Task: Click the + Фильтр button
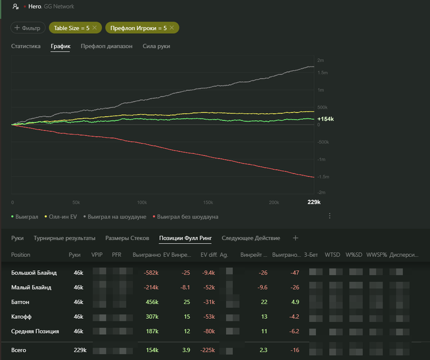coord(28,28)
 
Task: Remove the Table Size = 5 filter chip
coord(94,28)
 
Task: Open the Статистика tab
coord(26,46)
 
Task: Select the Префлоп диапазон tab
coord(106,46)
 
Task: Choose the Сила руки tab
coord(156,46)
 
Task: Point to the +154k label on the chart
coord(325,119)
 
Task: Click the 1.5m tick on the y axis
coord(322,72)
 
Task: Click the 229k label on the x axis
coord(314,202)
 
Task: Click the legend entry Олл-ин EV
coord(61,216)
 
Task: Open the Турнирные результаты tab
coord(64,238)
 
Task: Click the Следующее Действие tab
coord(251,238)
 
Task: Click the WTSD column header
coord(332,254)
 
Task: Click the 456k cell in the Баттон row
coord(151,302)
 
